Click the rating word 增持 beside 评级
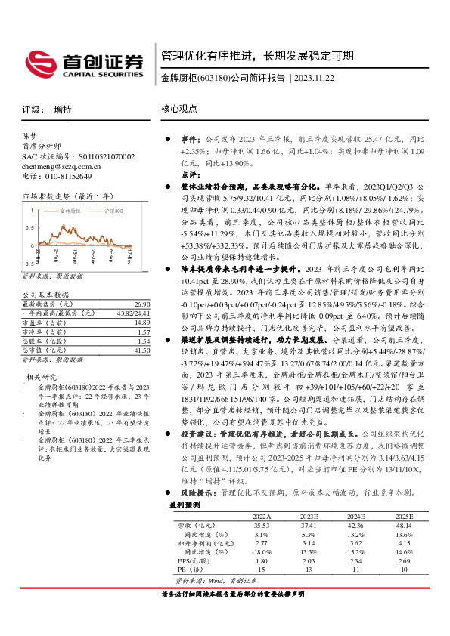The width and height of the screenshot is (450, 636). pyautogui.click(x=63, y=110)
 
